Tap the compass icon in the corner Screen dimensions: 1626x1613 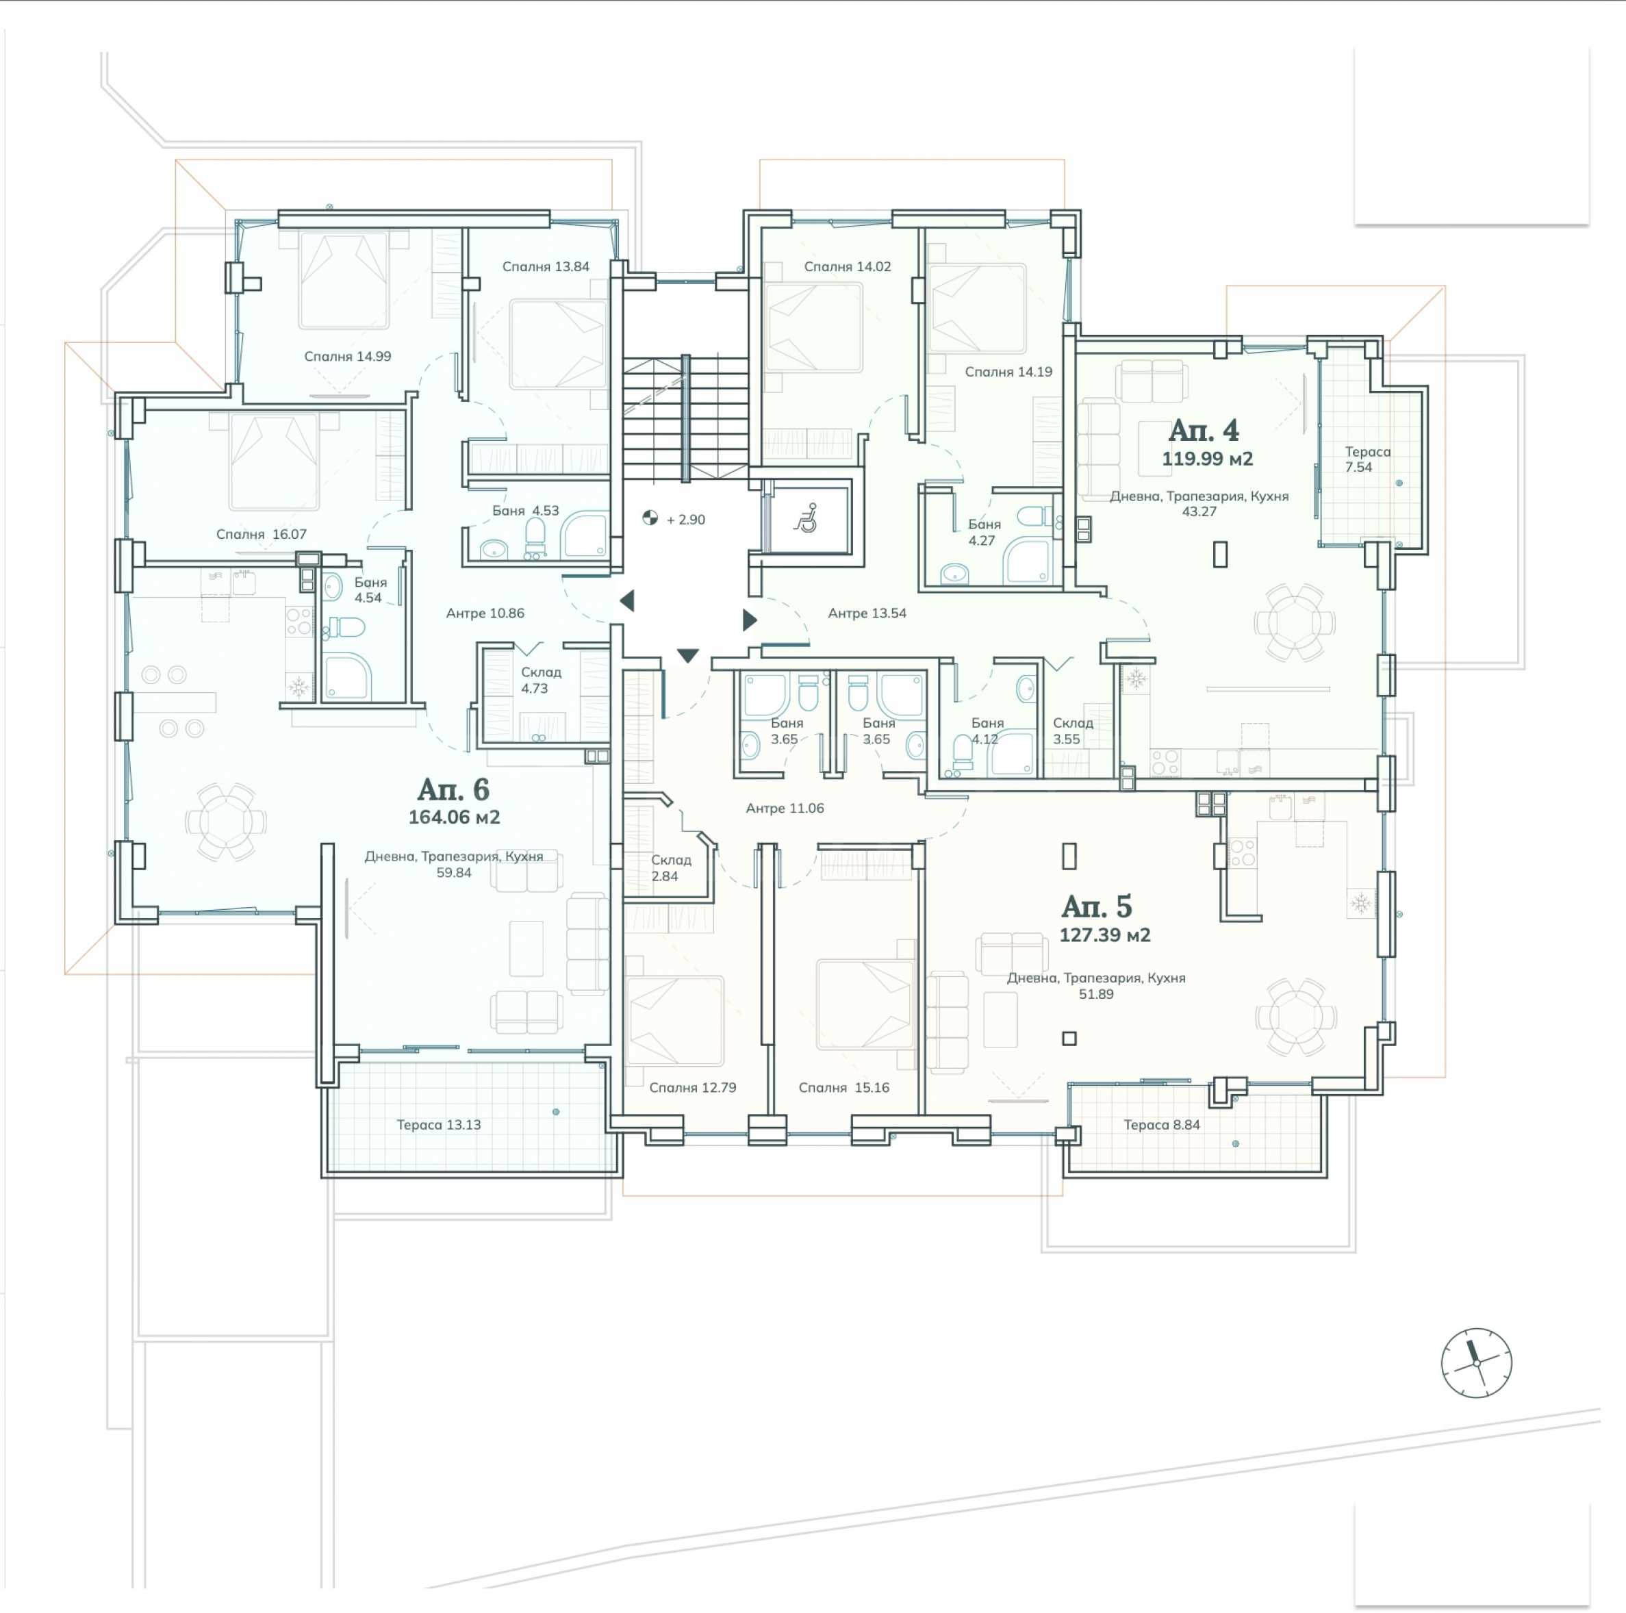(1476, 1362)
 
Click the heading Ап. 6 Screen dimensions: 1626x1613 (453, 789)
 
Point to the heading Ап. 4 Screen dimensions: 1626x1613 (1204, 430)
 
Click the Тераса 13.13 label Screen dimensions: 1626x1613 (438, 1124)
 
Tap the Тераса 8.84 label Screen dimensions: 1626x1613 (1161, 1124)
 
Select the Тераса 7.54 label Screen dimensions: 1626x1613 (1367, 459)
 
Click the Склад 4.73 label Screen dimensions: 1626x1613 (540, 680)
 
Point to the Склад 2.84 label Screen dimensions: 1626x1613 (671, 867)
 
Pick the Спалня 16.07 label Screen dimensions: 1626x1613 (261, 533)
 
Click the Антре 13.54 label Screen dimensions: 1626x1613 (867, 613)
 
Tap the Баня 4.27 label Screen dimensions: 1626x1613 (983, 532)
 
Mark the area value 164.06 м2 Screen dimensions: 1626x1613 (454, 816)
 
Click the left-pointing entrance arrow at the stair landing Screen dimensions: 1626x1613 (627, 600)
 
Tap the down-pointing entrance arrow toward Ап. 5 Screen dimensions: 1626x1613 (687, 655)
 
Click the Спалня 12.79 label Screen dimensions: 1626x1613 (691, 1087)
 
